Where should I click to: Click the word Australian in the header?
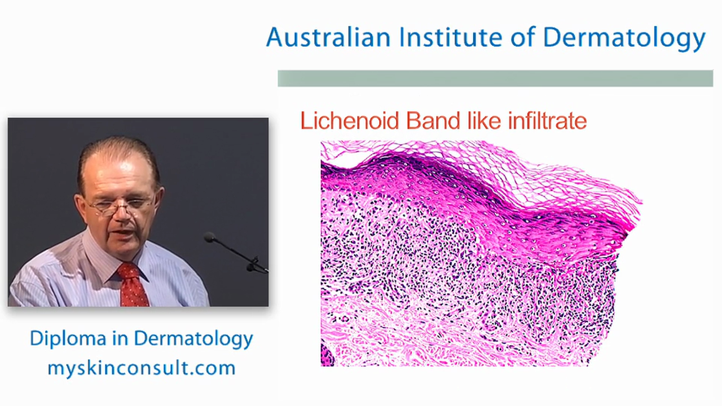pyautogui.click(x=328, y=38)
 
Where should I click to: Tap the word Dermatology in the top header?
pyautogui.click(x=624, y=38)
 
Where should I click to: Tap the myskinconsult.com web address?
pyautogui.click(x=141, y=368)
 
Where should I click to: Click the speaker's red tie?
pyautogui.click(x=133, y=285)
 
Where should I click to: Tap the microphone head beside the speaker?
pyautogui.click(x=210, y=237)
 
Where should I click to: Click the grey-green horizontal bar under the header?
pyautogui.click(x=495, y=78)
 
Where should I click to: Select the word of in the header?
pyautogui.click(x=522, y=38)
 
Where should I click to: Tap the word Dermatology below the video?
pyautogui.click(x=193, y=338)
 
